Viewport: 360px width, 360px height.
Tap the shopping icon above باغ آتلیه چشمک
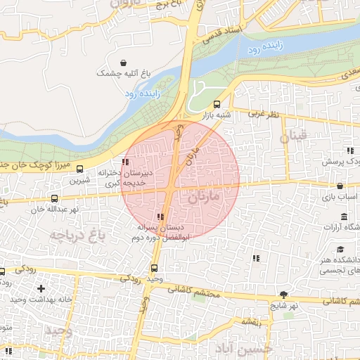tap(124, 63)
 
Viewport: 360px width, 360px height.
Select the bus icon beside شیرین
tap(79, 169)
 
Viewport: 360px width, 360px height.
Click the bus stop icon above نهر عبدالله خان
tap(55, 198)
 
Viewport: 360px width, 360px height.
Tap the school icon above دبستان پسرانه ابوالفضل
tap(161, 217)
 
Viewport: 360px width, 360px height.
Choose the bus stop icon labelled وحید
tap(155, 268)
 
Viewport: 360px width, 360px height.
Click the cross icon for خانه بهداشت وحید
tap(41, 288)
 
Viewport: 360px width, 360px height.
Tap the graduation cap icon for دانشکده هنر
tap(340, 250)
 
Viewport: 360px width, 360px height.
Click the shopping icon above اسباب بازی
tap(340, 187)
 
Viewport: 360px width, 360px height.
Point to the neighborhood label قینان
tap(295, 136)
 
